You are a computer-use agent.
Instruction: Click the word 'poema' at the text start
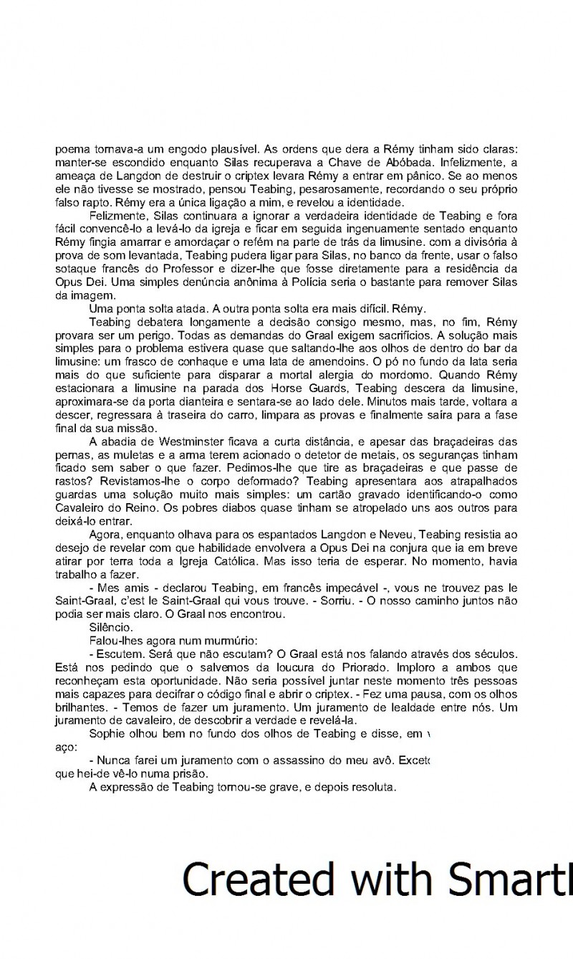point(71,151)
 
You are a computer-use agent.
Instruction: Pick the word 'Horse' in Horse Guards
point(274,387)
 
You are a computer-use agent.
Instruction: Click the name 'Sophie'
point(107,733)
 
